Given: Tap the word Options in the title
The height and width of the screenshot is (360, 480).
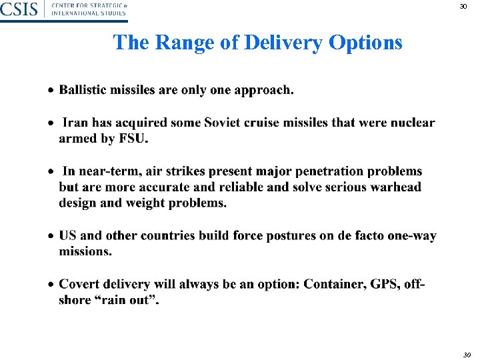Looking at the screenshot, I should (x=365, y=43).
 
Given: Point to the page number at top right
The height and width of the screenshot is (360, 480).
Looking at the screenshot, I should (x=463, y=7).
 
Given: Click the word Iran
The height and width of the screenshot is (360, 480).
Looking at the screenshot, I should (x=76, y=123).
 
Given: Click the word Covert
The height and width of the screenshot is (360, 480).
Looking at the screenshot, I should (x=81, y=285).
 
